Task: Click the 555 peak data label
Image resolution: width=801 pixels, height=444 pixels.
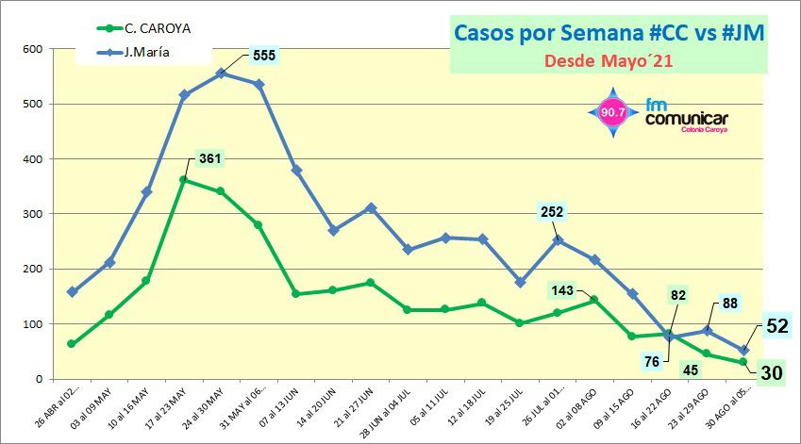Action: click(264, 56)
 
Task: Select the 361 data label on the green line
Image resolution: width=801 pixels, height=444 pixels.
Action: click(209, 157)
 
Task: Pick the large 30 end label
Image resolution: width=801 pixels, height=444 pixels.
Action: click(772, 372)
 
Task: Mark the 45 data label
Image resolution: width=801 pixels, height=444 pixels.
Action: click(690, 370)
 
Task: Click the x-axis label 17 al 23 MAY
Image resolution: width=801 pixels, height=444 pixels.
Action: click(169, 405)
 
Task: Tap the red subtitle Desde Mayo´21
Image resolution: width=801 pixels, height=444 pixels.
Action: click(609, 62)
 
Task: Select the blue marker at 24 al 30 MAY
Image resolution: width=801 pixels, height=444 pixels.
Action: click(221, 73)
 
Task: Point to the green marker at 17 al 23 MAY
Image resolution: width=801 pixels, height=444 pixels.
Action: click(184, 179)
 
